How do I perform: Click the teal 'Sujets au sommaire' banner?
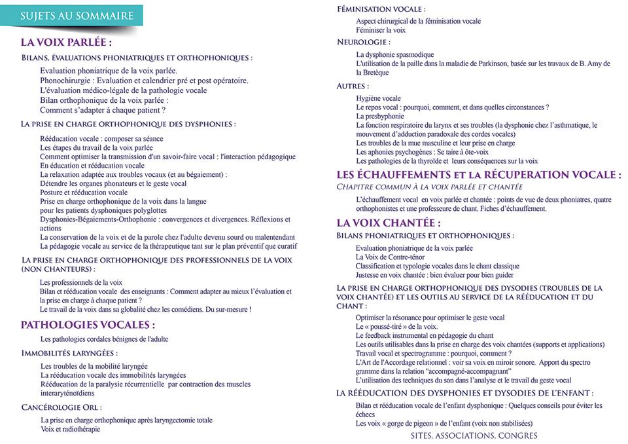point(77,16)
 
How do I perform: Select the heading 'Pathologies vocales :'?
point(88,324)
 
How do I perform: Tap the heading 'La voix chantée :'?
point(388,223)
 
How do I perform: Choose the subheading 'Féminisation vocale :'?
point(381,9)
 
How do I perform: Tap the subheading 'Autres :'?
point(353,86)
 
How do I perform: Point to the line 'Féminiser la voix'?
point(381,30)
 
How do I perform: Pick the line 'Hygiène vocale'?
point(378,98)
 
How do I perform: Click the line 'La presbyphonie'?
point(380,116)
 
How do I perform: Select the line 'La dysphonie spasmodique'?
point(394,54)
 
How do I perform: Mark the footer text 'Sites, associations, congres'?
point(474,435)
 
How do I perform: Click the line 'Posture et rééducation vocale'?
point(84,193)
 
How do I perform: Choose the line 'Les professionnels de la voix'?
point(81,282)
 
